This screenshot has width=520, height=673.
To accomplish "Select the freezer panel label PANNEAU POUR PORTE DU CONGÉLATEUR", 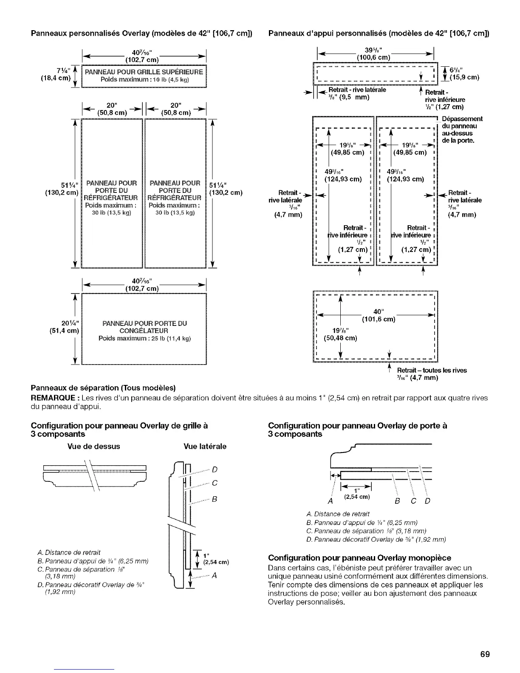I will coord(144,327).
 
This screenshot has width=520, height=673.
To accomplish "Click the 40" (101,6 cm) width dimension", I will coord(378,315).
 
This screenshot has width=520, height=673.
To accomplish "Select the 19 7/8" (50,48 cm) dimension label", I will coord(340,334).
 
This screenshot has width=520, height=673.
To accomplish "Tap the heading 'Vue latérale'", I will coord(205,447).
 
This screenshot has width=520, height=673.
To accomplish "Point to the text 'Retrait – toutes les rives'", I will coord(432,370).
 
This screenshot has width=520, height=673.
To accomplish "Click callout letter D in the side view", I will coord(214,469).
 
